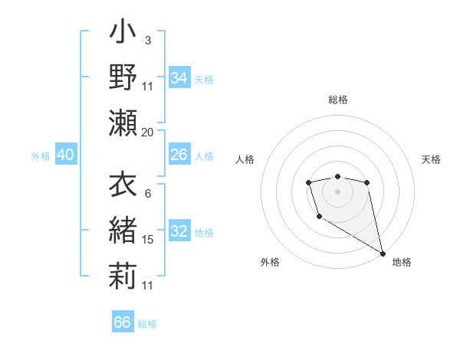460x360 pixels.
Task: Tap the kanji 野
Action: tap(123, 77)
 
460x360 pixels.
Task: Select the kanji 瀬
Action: tap(123, 123)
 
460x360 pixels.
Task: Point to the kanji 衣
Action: tap(123, 185)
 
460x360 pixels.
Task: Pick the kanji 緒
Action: tap(123, 230)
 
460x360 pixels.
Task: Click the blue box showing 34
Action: tap(179, 78)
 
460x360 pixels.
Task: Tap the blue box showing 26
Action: tap(179, 155)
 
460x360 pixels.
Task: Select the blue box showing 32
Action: tap(179, 232)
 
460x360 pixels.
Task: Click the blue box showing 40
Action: tap(65, 155)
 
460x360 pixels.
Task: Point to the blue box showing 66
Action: tap(122, 322)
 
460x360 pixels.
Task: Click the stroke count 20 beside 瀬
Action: tap(148, 133)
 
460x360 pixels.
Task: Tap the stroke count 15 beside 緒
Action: tap(148, 240)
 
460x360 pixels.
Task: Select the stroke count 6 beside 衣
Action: tap(147, 194)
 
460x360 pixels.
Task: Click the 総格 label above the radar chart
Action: tap(338, 100)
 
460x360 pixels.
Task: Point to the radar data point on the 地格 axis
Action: tap(383, 254)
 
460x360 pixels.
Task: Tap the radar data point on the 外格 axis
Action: tap(319, 217)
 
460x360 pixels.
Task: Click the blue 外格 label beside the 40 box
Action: tap(41, 156)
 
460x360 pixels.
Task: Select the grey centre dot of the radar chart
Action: tap(337, 190)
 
